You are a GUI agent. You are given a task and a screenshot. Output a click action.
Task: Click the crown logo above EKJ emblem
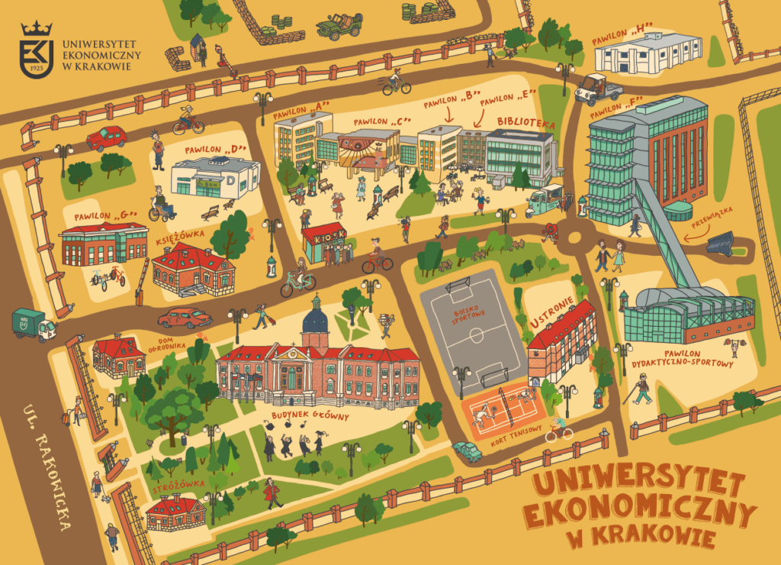pos(36,29)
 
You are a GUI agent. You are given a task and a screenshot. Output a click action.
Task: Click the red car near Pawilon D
pos(107,138)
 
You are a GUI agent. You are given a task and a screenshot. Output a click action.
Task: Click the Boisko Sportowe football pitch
pos(465,328)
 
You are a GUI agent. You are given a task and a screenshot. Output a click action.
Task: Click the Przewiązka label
pos(712,217)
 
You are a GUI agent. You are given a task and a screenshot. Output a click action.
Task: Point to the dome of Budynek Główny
pos(315,318)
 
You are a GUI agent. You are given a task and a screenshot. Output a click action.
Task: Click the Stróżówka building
pos(175,512)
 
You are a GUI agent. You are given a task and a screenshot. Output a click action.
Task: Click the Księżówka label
pos(178,237)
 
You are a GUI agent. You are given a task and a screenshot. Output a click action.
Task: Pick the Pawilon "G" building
pos(104,244)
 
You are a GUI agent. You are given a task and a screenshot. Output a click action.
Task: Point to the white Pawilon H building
pos(647,53)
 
